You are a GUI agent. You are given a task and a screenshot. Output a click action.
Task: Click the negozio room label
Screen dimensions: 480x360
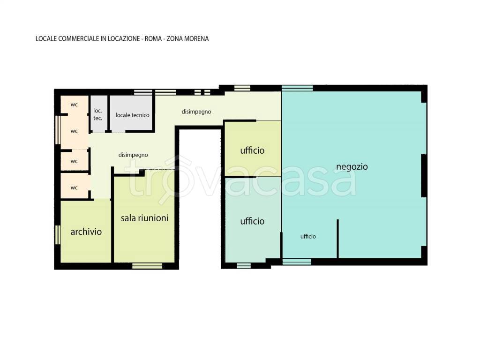point(352,167)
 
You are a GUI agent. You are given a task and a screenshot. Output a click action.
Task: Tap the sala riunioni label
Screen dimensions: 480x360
point(144,218)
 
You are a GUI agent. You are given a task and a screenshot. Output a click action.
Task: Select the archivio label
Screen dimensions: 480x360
point(86,232)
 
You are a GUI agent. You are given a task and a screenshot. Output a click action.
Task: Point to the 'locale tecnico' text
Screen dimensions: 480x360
point(132,115)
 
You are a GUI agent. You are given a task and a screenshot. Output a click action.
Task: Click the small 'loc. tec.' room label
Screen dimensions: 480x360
point(97,114)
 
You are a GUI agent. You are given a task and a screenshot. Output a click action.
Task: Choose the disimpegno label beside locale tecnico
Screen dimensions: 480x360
point(196,112)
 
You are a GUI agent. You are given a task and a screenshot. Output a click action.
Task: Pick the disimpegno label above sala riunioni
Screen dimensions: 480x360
point(133,155)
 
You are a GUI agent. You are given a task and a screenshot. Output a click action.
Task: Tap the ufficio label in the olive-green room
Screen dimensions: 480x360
point(252,150)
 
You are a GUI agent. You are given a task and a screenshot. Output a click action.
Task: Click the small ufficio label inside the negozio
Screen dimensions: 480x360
point(308,236)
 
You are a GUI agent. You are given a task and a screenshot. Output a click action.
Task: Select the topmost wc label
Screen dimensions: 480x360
point(74,105)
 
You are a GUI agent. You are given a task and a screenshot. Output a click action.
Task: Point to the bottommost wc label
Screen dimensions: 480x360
point(74,188)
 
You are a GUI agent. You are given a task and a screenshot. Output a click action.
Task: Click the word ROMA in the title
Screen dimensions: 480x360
point(153,39)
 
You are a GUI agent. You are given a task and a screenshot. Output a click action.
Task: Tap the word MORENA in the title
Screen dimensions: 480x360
point(197,39)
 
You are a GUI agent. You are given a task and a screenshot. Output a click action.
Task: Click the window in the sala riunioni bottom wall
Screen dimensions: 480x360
point(147,266)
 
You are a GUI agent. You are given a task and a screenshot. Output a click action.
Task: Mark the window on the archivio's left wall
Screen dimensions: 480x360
point(58,235)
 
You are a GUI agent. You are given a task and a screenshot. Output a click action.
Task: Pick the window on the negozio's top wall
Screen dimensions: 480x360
point(297,88)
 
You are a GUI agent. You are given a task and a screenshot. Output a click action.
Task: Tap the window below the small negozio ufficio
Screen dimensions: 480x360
point(297,262)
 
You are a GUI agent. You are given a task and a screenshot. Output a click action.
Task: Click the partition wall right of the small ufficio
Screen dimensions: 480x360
point(337,239)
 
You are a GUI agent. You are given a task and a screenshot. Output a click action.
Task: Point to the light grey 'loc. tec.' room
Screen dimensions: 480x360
point(99,114)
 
